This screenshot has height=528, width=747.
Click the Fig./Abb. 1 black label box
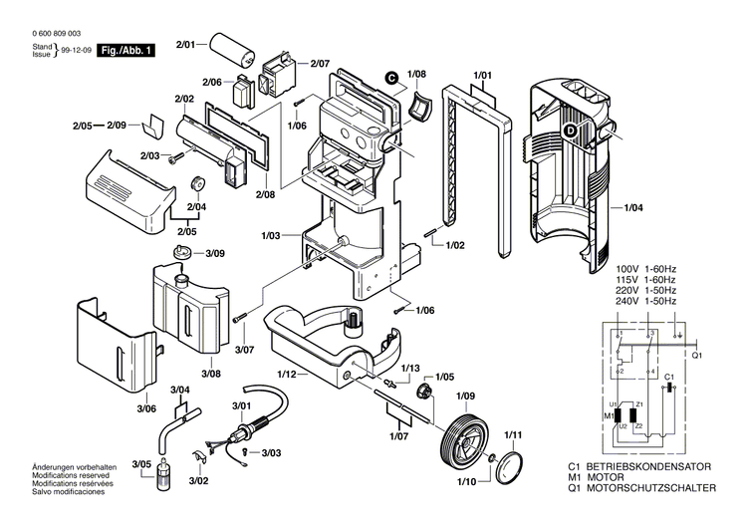click(126, 50)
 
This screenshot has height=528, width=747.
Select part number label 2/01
click(187, 45)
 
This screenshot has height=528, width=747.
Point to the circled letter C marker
click(391, 78)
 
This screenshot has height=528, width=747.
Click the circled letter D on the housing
click(571, 130)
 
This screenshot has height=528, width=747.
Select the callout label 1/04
click(633, 207)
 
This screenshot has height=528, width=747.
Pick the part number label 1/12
click(287, 374)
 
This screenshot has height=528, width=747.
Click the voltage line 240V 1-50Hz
click(645, 301)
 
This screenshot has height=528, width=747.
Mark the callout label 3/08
click(210, 373)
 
